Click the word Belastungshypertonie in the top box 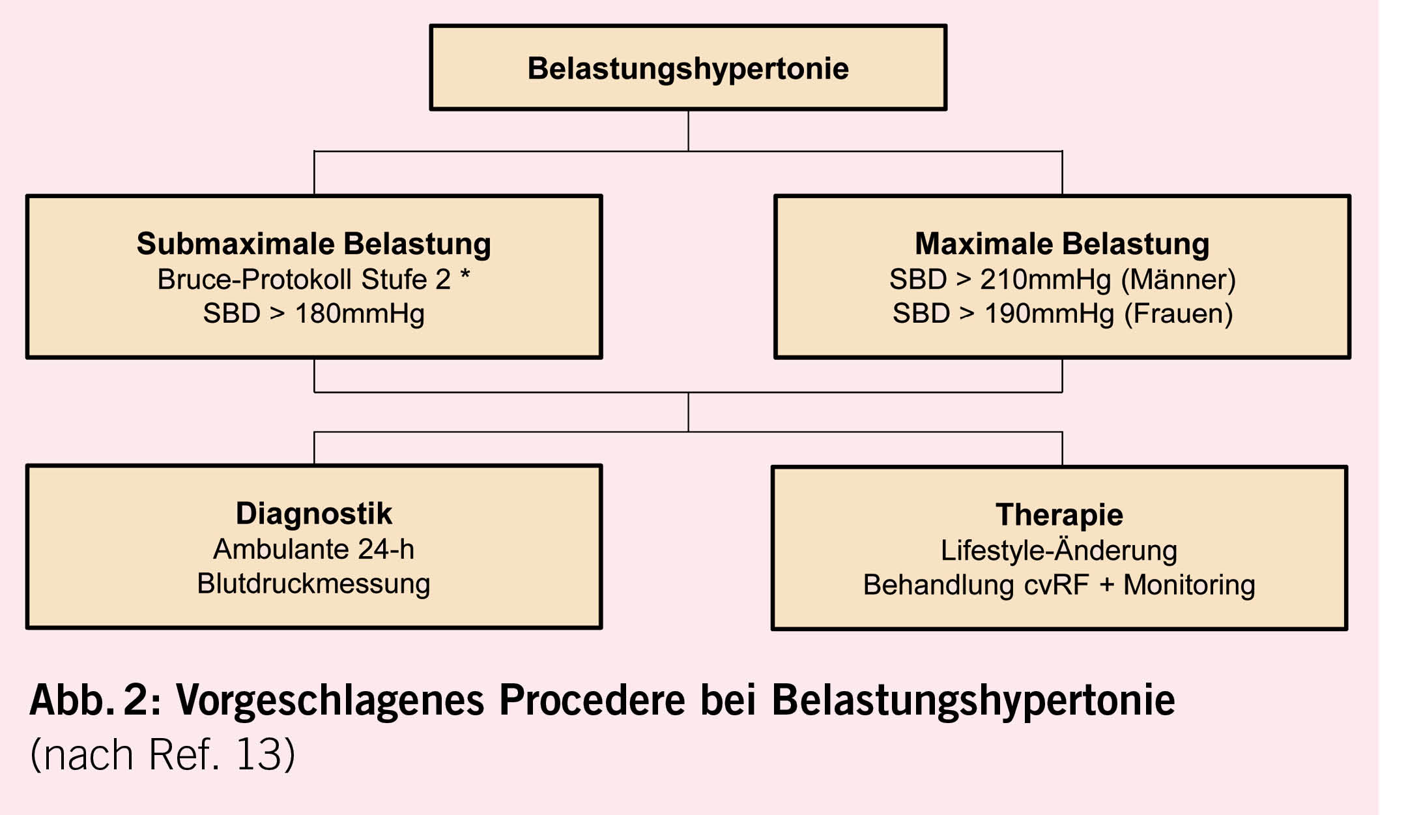[688, 68]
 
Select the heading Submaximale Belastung [313, 244]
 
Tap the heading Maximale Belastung [1062, 244]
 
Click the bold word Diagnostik [313, 514]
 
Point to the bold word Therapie [1059, 515]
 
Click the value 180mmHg [360, 314]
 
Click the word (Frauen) [1179, 314]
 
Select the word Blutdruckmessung [313, 584]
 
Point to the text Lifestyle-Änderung [1059, 551]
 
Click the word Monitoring [1189, 585]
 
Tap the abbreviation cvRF [1056, 585]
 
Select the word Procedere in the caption [592, 700]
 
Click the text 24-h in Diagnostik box [386, 550]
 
